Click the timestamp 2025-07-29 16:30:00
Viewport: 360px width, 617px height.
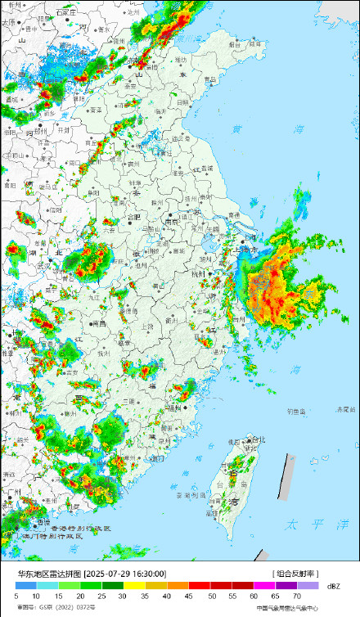click(126, 574)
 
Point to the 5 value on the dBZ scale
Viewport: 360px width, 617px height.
click(16, 597)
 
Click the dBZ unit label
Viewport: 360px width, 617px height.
click(333, 587)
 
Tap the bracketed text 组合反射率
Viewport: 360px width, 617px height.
click(295, 574)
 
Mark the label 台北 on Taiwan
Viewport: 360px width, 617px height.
click(258, 440)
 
